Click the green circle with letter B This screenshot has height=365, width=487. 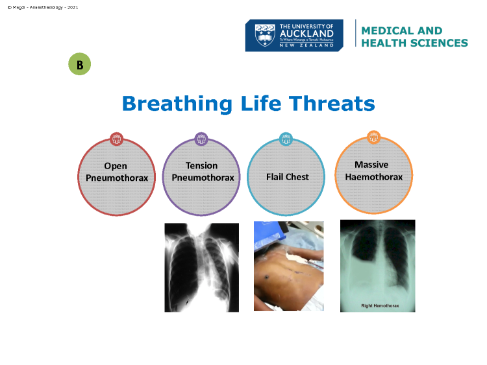click(79, 64)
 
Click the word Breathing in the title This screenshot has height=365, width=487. click(177, 104)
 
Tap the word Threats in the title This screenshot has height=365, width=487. click(332, 103)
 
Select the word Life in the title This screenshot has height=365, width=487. click(261, 103)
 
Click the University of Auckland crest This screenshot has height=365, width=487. click(265, 35)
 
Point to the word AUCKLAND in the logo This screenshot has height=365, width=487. click(306, 34)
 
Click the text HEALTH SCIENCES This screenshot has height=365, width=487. click(414, 43)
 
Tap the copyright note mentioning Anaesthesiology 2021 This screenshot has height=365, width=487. click(43, 7)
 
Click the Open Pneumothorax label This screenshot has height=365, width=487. click(117, 172)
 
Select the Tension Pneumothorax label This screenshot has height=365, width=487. click(203, 172)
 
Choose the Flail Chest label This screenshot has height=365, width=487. click(287, 177)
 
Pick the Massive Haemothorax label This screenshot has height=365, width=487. click(373, 171)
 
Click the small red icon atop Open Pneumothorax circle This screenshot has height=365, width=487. click(116, 139)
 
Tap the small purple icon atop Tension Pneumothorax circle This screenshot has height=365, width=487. click(201, 139)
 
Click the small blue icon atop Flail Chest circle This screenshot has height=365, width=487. click(286, 139)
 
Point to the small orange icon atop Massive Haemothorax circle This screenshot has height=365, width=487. click(373, 137)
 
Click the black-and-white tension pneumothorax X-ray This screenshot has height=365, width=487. click(201, 267)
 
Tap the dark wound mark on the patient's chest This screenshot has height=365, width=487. click(267, 276)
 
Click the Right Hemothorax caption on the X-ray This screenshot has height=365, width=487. click(380, 306)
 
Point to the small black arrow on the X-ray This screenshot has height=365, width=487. click(187, 301)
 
